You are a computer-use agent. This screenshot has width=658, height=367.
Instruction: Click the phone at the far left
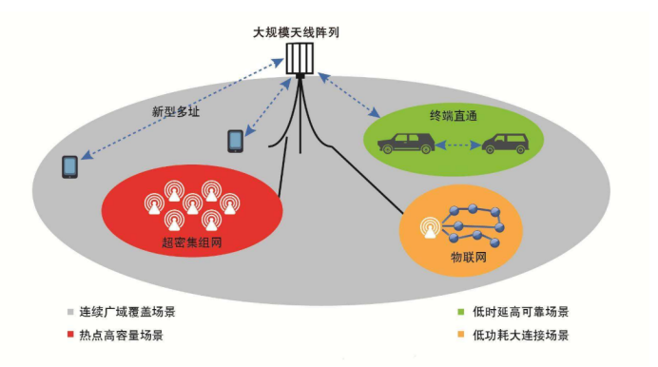pyautogui.click(x=69, y=166)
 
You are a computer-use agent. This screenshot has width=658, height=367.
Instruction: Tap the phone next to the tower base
pyautogui.click(x=235, y=141)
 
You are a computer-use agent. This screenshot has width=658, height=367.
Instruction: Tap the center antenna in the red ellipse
pyautogui.click(x=193, y=203)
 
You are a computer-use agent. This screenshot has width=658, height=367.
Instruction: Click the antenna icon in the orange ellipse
pyautogui.click(x=431, y=228)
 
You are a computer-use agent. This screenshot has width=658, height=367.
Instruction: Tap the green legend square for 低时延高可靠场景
pyautogui.click(x=459, y=311)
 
